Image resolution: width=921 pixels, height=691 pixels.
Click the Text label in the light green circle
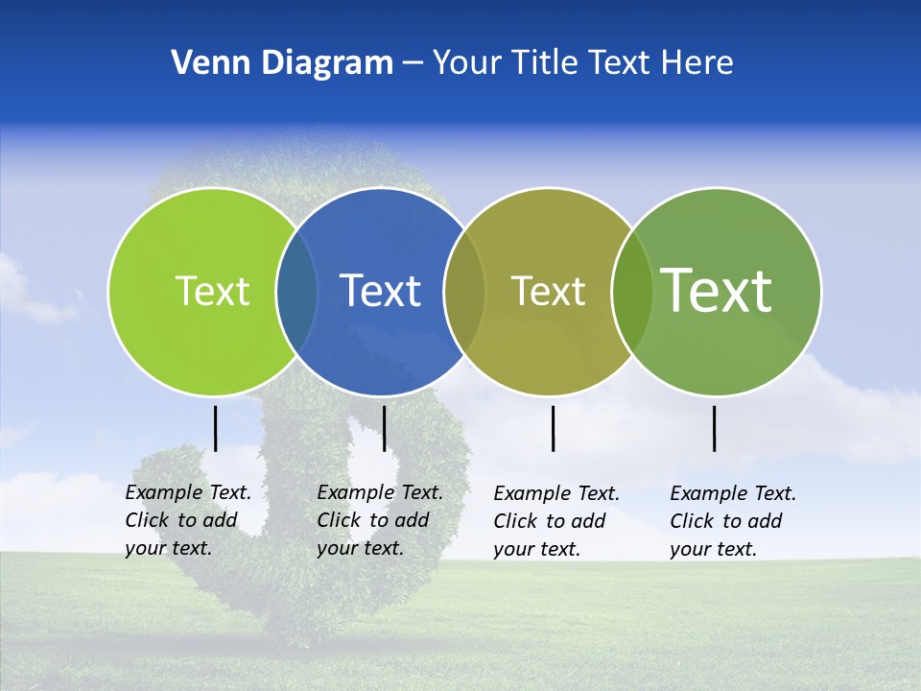[212, 291]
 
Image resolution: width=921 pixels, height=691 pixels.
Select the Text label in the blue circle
[380, 291]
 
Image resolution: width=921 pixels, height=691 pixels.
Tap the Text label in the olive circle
[548, 291]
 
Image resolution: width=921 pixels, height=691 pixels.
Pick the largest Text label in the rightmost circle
[716, 290]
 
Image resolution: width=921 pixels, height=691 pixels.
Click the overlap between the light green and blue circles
[296, 291]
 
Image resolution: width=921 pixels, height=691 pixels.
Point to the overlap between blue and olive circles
[464, 291]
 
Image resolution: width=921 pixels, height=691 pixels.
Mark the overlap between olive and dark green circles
[631, 291]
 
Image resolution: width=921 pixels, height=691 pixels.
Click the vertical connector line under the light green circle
[216, 428]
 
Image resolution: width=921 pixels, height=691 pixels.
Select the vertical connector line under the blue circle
[384, 428]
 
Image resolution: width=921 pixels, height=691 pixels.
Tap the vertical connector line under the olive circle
[554, 428]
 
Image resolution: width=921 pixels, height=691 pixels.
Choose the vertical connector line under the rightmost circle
[715, 428]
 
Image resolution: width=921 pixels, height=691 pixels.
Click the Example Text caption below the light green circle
[187, 520]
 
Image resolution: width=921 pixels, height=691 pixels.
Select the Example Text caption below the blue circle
[379, 520]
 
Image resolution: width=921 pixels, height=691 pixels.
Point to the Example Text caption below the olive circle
[555, 521]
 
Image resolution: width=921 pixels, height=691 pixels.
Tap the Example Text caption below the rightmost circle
[732, 521]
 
